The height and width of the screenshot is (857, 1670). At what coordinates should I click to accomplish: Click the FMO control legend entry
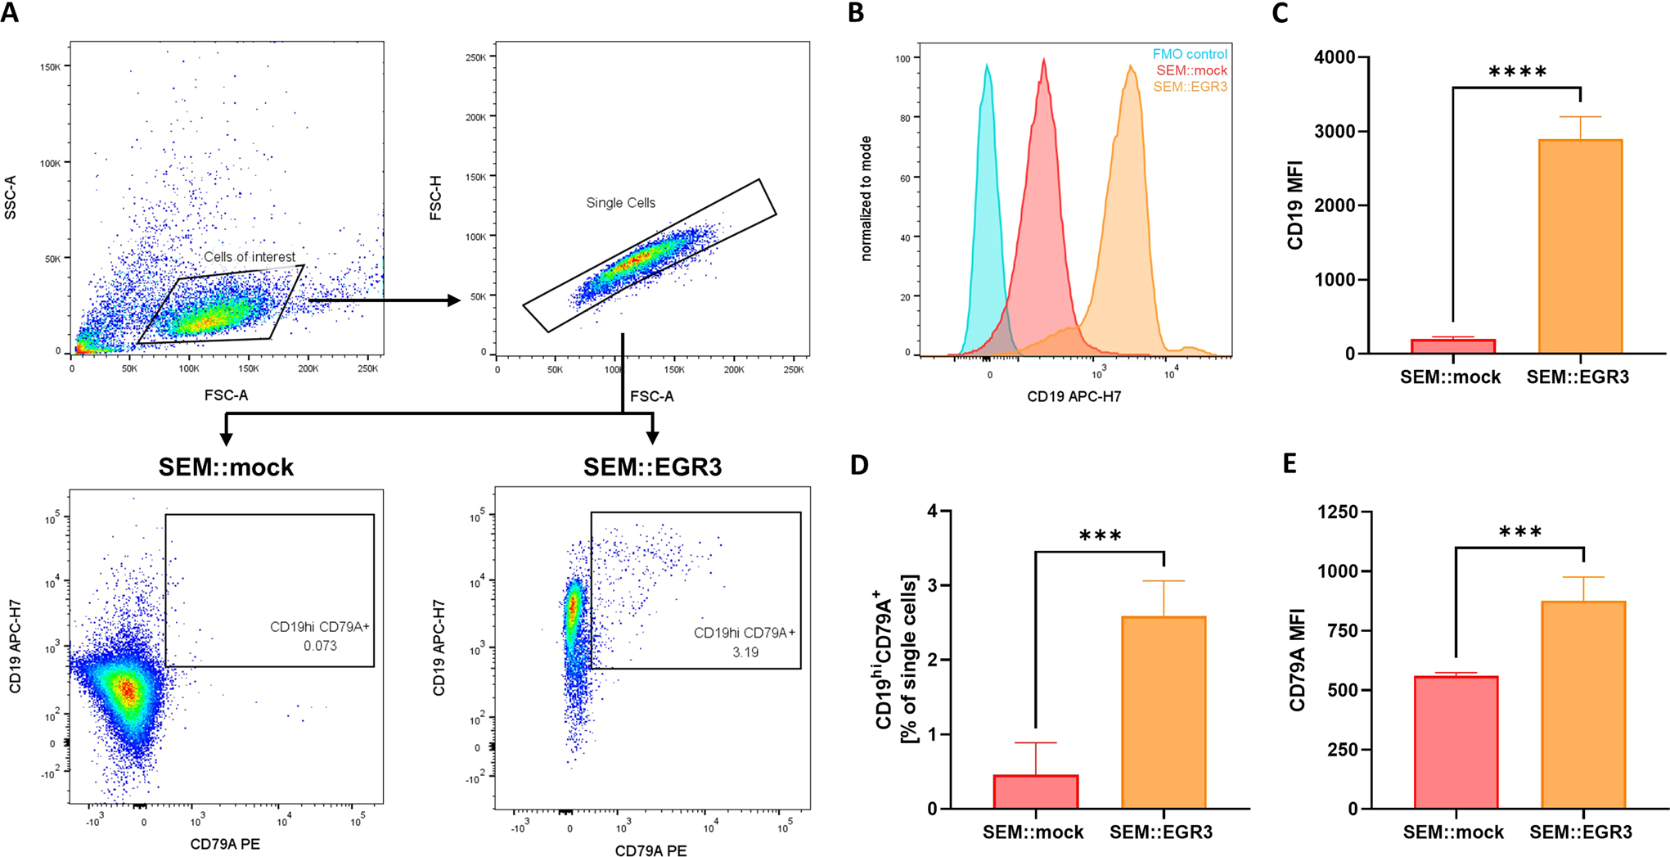click(1189, 54)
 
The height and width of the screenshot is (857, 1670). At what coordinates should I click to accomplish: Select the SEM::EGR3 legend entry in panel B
click(1190, 87)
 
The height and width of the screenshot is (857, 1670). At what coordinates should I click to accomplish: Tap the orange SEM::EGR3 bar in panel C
click(1579, 246)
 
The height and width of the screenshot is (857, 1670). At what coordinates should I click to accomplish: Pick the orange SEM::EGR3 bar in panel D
click(1163, 712)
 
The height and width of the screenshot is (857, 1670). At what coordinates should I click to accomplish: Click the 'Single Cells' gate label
click(620, 203)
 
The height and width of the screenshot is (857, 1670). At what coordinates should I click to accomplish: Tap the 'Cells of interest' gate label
click(250, 257)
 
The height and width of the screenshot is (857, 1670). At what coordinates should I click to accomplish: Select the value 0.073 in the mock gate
click(320, 646)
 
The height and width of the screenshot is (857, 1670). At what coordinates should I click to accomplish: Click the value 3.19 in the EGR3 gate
click(745, 652)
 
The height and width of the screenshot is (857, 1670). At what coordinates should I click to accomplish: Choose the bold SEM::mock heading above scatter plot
click(226, 467)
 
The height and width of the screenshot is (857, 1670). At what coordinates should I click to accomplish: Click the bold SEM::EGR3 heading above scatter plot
click(652, 467)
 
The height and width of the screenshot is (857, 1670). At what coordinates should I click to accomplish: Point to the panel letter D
click(859, 465)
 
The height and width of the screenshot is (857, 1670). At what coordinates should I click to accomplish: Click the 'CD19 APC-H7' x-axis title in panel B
click(1074, 397)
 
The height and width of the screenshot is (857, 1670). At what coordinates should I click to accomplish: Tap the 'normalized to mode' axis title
click(867, 199)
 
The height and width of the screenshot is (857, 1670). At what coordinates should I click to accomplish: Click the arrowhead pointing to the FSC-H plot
click(453, 300)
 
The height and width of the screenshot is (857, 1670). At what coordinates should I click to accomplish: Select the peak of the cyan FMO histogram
click(988, 65)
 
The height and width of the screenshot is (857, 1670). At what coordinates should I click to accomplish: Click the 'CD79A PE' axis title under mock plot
click(225, 844)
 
